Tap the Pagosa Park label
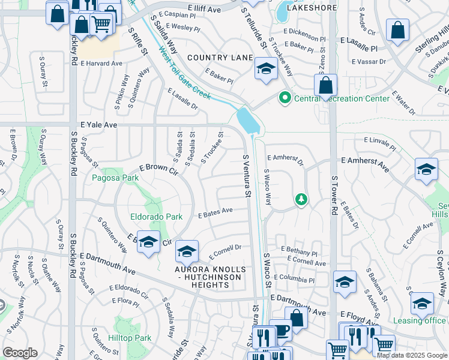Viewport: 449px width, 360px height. point(115,178)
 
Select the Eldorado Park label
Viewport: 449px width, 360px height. point(157,217)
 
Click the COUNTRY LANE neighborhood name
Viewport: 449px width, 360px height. point(220,58)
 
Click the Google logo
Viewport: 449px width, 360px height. point(20,353)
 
